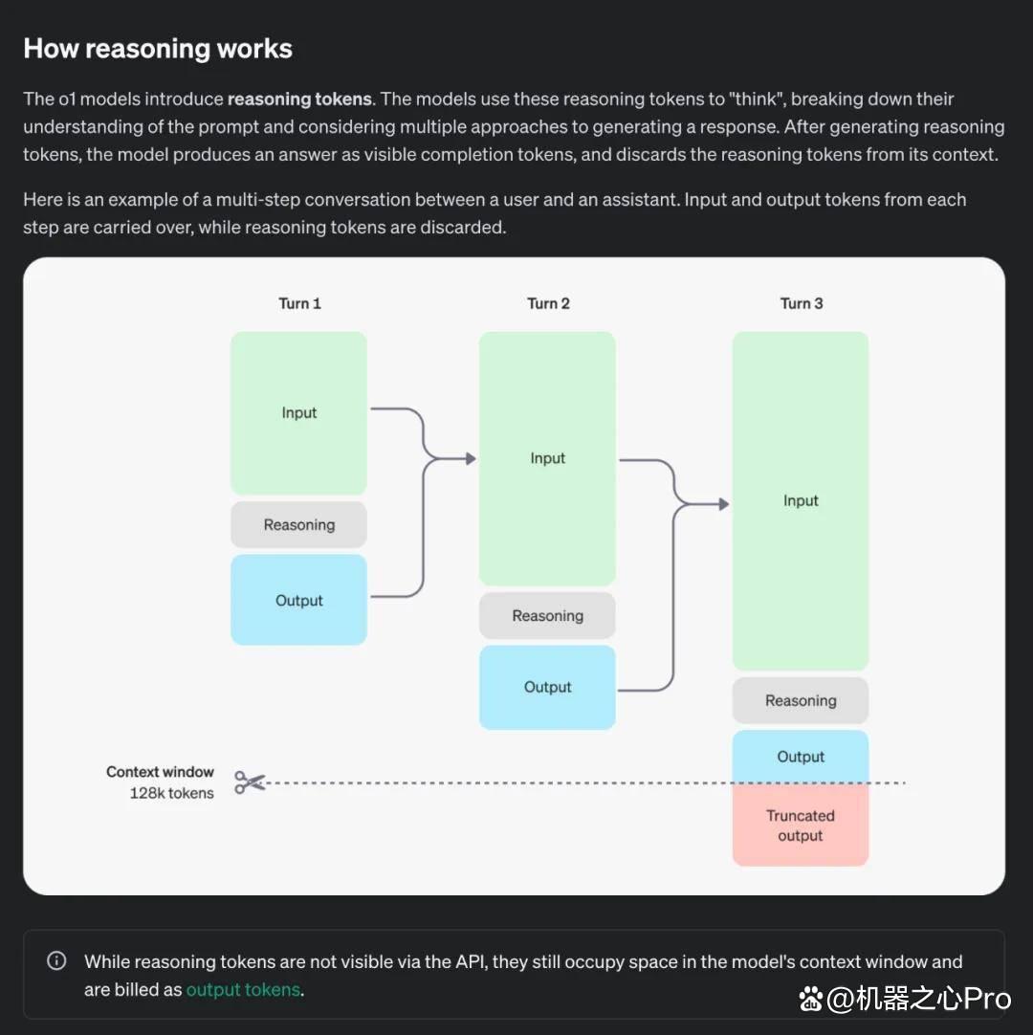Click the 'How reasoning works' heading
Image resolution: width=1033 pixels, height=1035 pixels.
tap(158, 49)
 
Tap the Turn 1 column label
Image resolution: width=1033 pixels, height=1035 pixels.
tap(299, 303)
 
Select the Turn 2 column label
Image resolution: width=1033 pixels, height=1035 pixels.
tap(548, 303)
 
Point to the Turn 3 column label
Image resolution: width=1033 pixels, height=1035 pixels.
tap(802, 303)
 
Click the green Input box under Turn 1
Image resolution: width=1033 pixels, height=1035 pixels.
tap(299, 413)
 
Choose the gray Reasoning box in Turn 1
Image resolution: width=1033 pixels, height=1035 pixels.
tap(299, 525)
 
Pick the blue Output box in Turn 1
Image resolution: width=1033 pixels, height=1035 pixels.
tap(299, 600)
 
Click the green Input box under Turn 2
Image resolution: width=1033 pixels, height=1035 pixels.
tap(547, 459)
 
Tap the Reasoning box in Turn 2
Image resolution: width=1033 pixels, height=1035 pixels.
tap(547, 616)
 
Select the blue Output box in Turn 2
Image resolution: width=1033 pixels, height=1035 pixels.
tap(547, 687)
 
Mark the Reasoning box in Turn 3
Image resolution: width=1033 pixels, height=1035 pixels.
tap(801, 700)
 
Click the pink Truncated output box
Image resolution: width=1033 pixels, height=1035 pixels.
tap(801, 826)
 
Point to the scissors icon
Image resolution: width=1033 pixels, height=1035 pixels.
tap(250, 782)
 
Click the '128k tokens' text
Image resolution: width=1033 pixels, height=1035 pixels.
tap(171, 793)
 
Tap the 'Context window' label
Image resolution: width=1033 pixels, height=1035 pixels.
tap(161, 772)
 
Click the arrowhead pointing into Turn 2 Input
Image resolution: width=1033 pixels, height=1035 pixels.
tap(471, 459)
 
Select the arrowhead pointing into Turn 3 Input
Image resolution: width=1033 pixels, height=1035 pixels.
tap(724, 504)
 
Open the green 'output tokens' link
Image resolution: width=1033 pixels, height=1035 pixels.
tap(243, 989)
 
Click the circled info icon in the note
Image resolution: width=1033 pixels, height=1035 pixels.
tap(56, 960)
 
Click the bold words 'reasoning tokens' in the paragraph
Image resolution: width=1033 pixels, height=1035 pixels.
tap(299, 99)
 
